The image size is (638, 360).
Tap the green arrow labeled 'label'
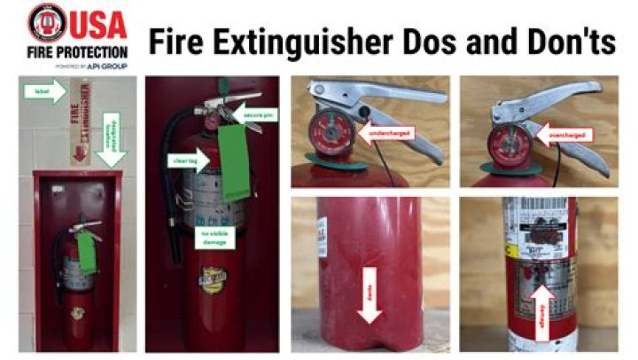52,88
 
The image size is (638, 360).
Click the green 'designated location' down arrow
112,138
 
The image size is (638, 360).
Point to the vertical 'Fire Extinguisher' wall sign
80,121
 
